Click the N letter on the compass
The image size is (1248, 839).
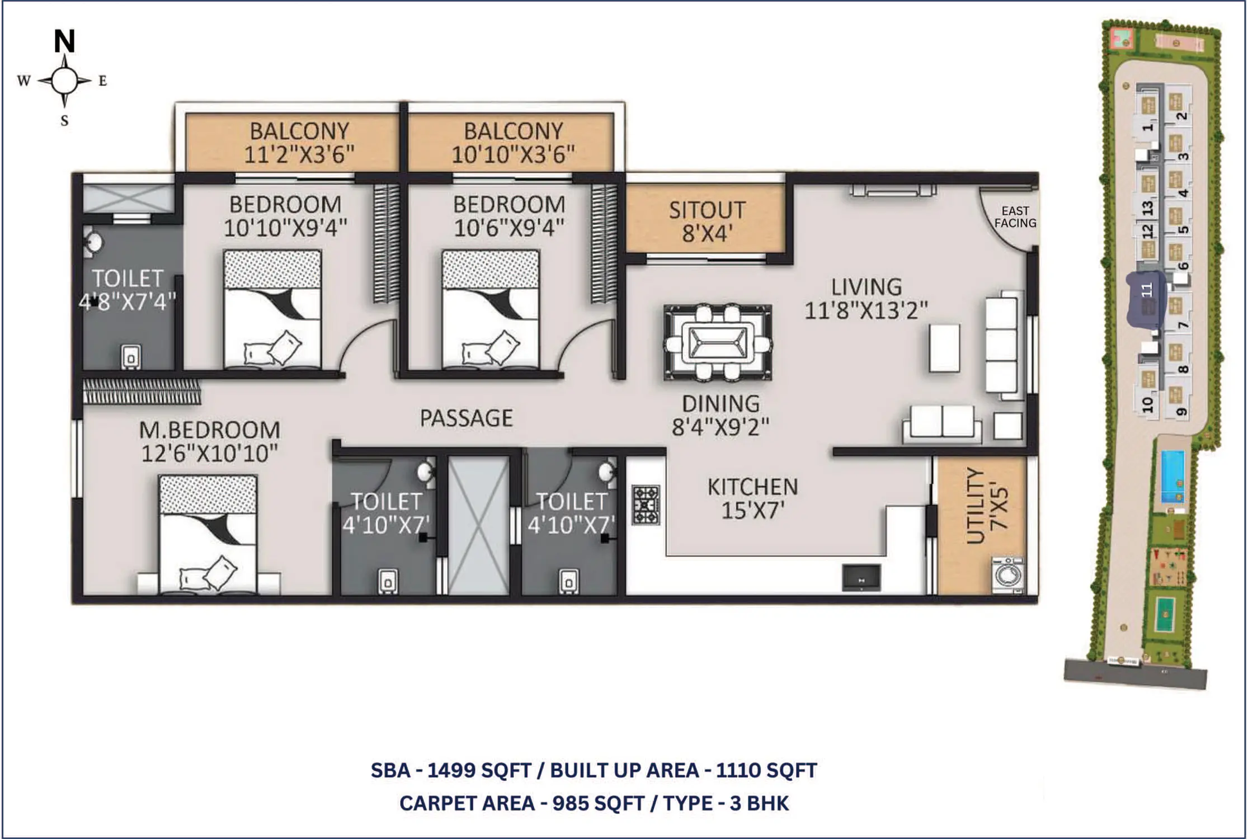(64, 41)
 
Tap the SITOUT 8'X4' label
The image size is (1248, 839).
(707, 221)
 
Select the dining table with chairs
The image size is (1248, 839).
(718, 342)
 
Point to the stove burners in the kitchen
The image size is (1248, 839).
(646, 505)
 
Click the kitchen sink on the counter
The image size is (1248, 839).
(861, 578)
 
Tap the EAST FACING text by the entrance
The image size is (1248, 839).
(1015, 217)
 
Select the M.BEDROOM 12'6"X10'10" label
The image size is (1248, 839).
(209, 441)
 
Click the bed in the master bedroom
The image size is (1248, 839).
(208, 534)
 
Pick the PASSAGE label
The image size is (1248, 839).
(466, 418)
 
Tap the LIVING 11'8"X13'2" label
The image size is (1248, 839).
(866, 298)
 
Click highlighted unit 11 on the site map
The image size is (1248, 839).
(1146, 299)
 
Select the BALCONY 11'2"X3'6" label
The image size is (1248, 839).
(299, 143)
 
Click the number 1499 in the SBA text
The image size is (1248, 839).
(451, 770)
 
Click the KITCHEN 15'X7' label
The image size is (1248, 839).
(752, 498)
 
